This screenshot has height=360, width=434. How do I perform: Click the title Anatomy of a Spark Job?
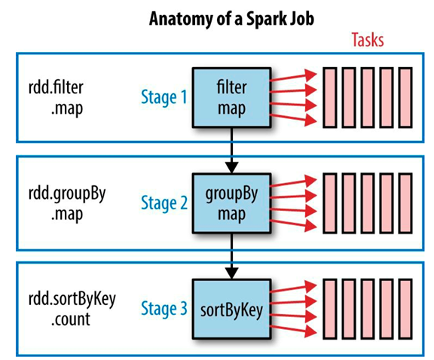(231, 20)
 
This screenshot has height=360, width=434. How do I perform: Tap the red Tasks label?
(368, 40)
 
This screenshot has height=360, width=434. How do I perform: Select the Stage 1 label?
(164, 97)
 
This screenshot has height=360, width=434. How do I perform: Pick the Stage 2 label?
(164, 203)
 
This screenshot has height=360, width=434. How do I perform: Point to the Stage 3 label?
(164, 309)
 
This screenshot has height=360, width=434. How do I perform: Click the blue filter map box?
(231, 98)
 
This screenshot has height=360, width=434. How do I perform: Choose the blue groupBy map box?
(231, 203)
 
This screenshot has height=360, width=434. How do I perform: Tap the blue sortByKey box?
(231, 309)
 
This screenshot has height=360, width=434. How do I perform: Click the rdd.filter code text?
(56, 87)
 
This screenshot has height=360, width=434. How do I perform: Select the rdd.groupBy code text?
(67, 194)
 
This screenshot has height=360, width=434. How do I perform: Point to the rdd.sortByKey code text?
(72, 300)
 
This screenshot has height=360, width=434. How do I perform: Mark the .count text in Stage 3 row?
(71, 319)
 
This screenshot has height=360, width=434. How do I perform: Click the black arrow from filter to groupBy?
(231, 151)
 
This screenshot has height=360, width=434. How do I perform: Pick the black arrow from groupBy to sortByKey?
(231, 256)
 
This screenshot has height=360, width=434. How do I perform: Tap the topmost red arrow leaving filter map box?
(294, 77)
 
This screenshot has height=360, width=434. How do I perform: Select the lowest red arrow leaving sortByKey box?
(294, 330)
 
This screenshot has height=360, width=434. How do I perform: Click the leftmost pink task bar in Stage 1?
(330, 98)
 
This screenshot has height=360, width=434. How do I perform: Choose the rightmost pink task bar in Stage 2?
(405, 203)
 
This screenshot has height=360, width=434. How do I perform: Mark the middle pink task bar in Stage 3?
(368, 309)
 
